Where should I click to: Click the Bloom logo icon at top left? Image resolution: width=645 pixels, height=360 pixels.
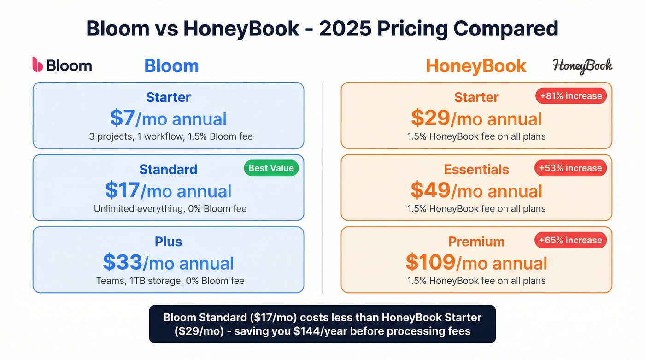tap(37, 65)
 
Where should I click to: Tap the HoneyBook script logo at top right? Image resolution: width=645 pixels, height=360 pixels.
tap(582, 66)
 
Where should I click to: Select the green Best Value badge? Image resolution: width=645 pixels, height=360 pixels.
tap(271, 168)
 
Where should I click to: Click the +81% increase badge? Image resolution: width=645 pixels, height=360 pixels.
tap(571, 96)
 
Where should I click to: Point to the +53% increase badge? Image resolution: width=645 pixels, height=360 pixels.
tap(571, 168)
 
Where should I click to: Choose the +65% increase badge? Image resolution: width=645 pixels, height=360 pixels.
tap(571, 240)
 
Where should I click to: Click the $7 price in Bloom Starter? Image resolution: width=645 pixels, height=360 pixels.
tap(122, 118)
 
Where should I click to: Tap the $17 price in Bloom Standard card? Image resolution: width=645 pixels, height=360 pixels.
tap(122, 190)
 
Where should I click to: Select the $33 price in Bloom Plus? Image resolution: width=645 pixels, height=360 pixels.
tap(122, 262)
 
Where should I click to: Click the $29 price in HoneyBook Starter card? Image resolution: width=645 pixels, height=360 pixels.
tap(430, 118)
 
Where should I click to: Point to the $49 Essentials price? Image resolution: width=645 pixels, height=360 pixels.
tap(430, 190)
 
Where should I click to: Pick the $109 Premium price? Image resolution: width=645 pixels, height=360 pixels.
tap(430, 262)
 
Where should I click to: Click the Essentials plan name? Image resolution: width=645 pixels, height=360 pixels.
tap(476, 169)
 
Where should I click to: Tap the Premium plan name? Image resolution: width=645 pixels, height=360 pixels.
tap(476, 242)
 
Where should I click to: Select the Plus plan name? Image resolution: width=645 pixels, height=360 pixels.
tap(168, 242)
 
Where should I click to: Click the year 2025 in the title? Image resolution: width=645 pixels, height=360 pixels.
tap(345, 29)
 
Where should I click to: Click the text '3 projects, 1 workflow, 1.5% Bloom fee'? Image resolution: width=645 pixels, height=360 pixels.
tap(171, 136)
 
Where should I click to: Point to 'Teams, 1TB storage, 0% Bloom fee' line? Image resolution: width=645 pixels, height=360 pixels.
tap(170, 281)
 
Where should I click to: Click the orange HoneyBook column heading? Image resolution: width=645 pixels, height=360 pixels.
tap(476, 66)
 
